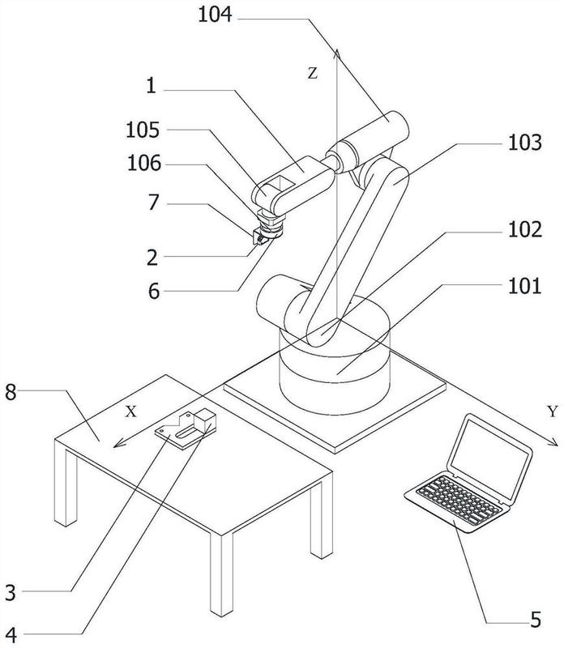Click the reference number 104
pyautogui.click(x=215, y=15)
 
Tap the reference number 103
pyautogui.click(x=525, y=143)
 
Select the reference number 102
pyautogui.click(x=525, y=229)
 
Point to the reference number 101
pyautogui.click(x=524, y=286)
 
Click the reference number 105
pyautogui.click(x=143, y=130)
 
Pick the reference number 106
pyautogui.click(x=144, y=164)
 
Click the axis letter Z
pyautogui.click(x=313, y=74)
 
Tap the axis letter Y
pyautogui.click(x=553, y=411)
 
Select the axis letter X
pyautogui.click(x=130, y=411)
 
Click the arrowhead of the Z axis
pyautogui.click(x=337, y=53)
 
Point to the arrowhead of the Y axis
pyautogui.click(x=553, y=441)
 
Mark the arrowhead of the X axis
pyautogui.click(x=118, y=443)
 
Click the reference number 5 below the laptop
pyautogui.click(x=536, y=620)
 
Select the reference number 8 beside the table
pyautogui.click(x=11, y=392)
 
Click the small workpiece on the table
pyautogui.click(x=186, y=428)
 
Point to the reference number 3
pyautogui.click(x=11, y=592)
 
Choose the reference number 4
pyautogui.click(x=11, y=635)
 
